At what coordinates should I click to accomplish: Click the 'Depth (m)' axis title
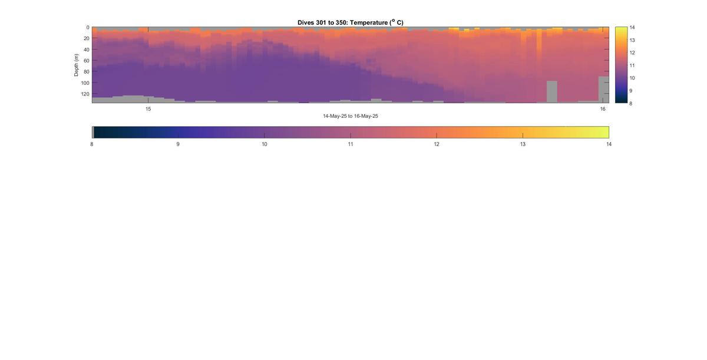[x=76, y=65]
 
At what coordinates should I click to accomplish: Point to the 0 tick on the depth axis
[x=88, y=28]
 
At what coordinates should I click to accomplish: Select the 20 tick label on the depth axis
[x=87, y=38]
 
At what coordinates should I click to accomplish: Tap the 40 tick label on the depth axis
[x=87, y=49]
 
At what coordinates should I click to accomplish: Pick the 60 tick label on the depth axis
[x=87, y=61]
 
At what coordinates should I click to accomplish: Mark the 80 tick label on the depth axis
[x=87, y=72]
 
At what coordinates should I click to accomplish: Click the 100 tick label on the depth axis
[x=85, y=83]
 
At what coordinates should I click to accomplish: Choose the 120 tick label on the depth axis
[x=85, y=94]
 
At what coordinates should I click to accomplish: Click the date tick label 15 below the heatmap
[x=148, y=109]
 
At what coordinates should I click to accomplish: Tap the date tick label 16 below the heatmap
[x=603, y=109]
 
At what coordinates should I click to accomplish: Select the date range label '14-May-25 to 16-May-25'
[x=351, y=116]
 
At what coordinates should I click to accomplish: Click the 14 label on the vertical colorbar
[x=632, y=28]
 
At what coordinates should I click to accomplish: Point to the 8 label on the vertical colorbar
[x=631, y=103]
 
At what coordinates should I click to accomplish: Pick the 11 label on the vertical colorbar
[x=632, y=65]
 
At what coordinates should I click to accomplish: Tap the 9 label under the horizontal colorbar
[x=178, y=144]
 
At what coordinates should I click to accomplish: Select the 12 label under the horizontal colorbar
[x=437, y=144]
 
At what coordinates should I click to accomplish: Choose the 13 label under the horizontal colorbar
[x=523, y=144]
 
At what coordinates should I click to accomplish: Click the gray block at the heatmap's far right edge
[x=604, y=90]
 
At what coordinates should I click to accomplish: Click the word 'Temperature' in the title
[x=369, y=23]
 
